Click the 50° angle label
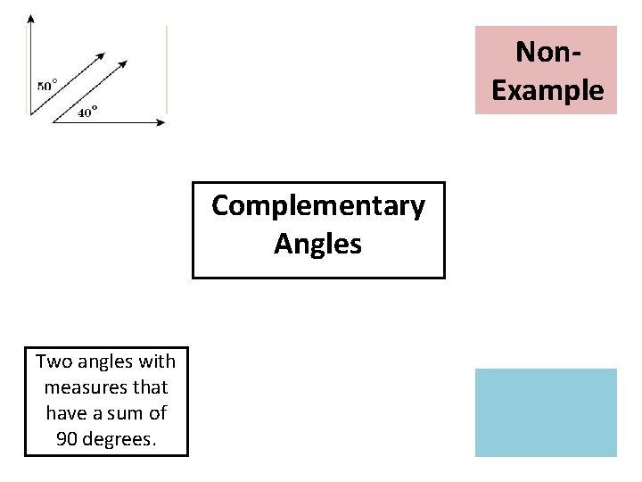[47, 86]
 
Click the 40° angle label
[87, 112]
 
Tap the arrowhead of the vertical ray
[31, 19]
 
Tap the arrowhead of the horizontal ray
[160, 122]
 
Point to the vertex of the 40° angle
[53, 122]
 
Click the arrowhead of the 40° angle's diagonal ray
[124, 63]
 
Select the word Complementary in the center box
[318, 206]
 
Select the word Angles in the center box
[318, 244]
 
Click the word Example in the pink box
[547, 90]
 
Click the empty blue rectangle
[546, 412]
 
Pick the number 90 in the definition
[65, 439]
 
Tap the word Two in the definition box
[52, 361]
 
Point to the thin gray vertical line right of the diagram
[167, 76]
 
